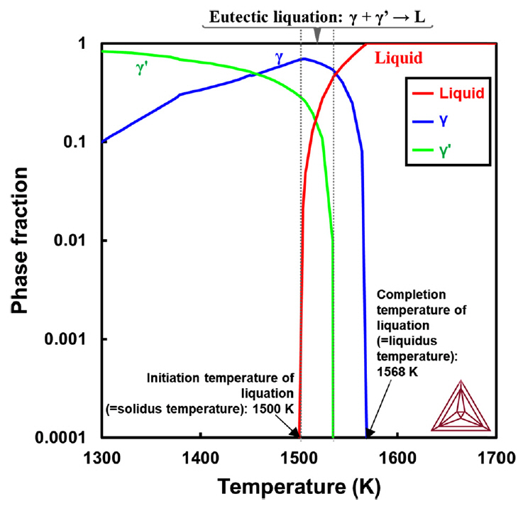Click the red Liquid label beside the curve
click(x=398, y=59)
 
